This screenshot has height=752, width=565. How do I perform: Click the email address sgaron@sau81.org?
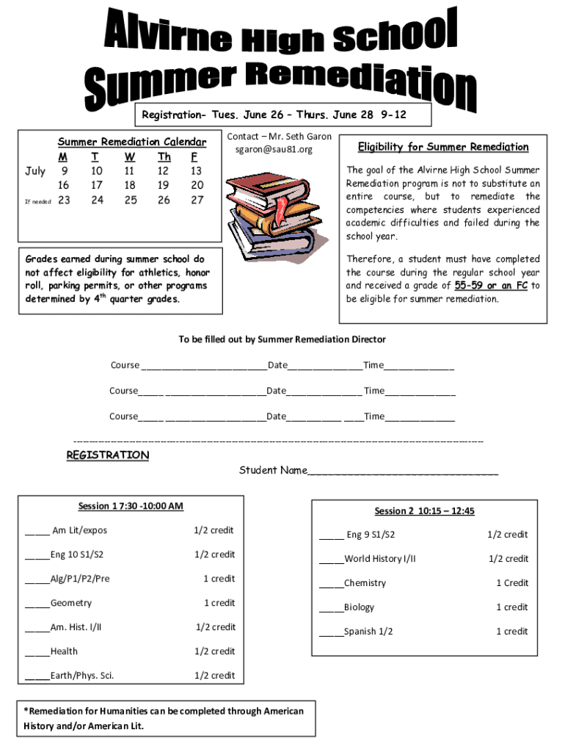[273, 150]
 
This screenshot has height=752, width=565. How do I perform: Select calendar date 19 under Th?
[164, 185]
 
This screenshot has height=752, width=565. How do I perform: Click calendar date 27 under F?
[197, 200]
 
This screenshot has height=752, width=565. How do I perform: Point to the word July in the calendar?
[35, 171]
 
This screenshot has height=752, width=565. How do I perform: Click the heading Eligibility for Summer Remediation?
[442, 147]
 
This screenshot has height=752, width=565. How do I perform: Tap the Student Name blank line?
[403, 471]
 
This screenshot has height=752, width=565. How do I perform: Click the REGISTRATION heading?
[108, 455]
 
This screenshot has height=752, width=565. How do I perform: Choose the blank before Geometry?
[37, 604]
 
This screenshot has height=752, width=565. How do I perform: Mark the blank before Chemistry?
[331, 584]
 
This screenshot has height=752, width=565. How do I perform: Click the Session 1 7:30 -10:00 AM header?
[131, 506]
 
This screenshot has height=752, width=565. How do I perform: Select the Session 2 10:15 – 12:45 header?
[424, 511]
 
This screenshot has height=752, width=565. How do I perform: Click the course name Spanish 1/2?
[368, 632]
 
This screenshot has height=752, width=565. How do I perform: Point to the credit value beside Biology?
[511, 607]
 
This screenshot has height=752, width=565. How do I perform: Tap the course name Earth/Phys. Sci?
[81, 676]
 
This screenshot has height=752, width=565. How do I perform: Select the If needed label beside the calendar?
[37, 201]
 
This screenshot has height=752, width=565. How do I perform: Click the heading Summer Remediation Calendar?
[132, 142]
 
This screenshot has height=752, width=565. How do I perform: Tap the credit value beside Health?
[214, 651]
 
